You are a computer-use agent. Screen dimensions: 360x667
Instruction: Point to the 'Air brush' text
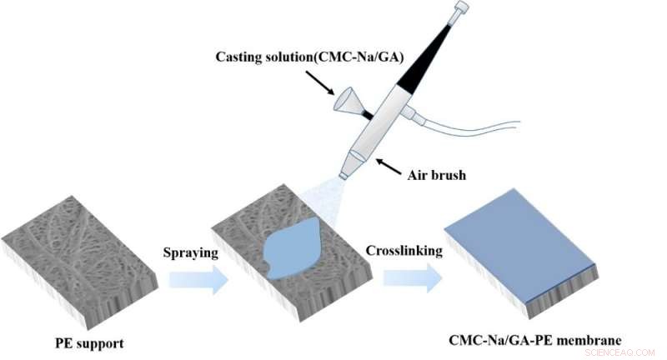click(x=436, y=175)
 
